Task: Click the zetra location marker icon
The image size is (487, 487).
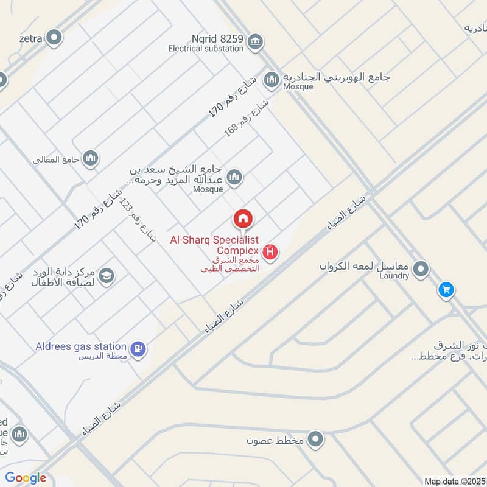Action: coord(55,38)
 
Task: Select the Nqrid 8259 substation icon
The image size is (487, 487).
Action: coord(256,41)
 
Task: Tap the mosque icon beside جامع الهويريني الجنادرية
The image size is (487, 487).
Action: coord(272,79)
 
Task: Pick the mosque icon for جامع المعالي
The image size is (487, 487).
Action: coord(91,158)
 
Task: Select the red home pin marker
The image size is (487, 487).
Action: coord(243,219)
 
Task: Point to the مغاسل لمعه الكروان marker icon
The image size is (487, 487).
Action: coord(421,268)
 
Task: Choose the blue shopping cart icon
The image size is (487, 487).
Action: coord(446,290)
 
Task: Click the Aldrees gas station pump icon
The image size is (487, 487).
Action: coord(139,348)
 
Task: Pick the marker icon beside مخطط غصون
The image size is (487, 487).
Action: coord(315,438)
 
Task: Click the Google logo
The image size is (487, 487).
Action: coord(26,478)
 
